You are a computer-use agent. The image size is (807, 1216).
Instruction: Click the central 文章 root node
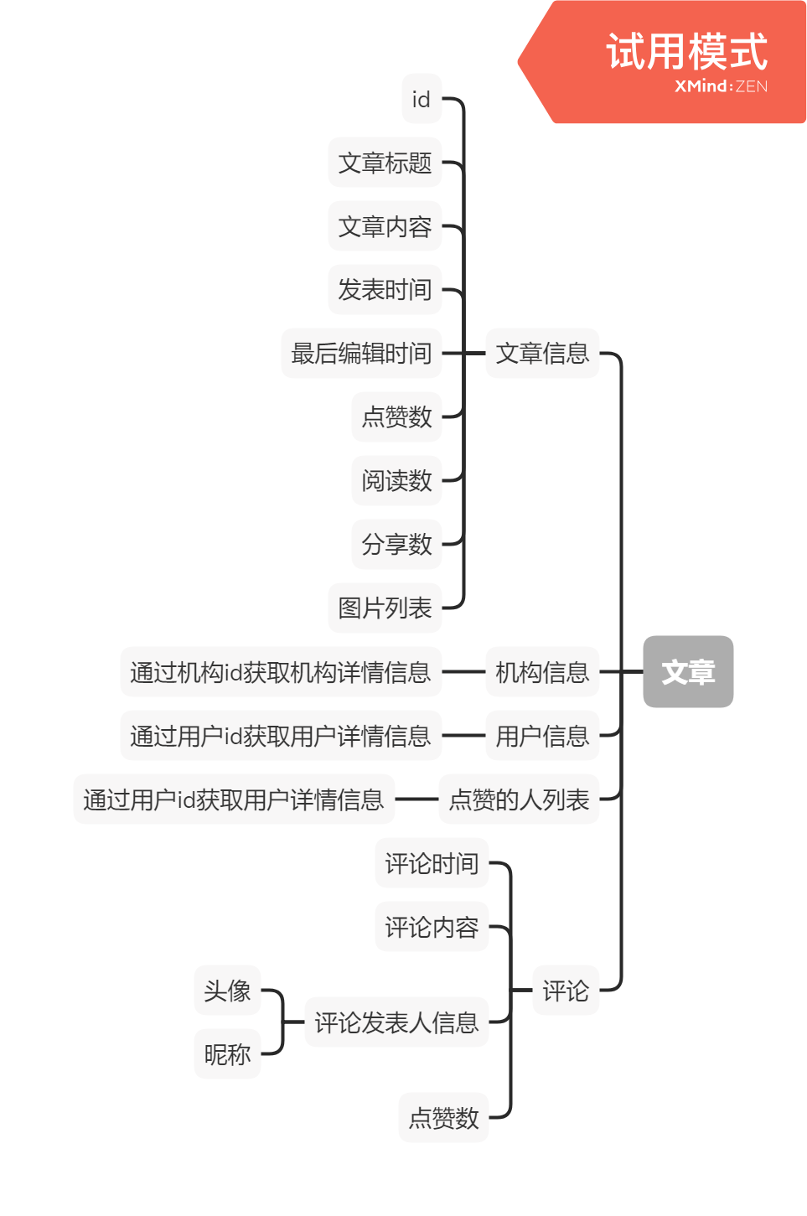click(x=688, y=671)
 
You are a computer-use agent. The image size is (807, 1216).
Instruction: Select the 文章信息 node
click(x=542, y=353)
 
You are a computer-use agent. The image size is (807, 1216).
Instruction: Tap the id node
click(x=421, y=99)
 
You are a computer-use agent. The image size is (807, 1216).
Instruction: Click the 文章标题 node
click(x=385, y=163)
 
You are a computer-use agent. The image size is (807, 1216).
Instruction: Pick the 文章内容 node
click(x=385, y=226)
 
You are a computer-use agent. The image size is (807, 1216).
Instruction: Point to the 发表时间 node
click(x=385, y=290)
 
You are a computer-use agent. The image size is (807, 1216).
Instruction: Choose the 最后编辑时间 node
click(x=361, y=353)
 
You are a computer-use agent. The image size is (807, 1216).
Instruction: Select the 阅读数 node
click(x=396, y=480)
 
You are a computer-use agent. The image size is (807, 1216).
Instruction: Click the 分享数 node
click(x=396, y=544)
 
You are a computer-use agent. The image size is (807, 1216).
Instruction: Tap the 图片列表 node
click(x=385, y=608)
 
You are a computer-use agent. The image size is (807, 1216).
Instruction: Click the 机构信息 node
click(x=542, y=671)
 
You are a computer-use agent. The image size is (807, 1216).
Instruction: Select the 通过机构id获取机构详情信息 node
click(x=280, y=671)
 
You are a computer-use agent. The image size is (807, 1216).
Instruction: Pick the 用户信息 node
click(x=542, y=736)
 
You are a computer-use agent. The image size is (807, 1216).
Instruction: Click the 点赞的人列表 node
click(x=519, y=799)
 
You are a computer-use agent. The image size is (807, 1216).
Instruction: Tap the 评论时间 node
click(x=432, y=863)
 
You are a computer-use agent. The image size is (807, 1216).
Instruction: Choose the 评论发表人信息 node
click(x=396, y=1022)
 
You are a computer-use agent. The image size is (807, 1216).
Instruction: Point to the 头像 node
click(x=227, y=991)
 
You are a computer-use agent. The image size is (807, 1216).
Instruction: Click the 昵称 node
click(x=227, y=1054)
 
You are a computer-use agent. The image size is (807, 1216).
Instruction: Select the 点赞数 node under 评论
click(x=443, y=1117)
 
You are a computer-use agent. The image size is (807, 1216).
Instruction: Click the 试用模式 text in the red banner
click(x=686, y=52)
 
